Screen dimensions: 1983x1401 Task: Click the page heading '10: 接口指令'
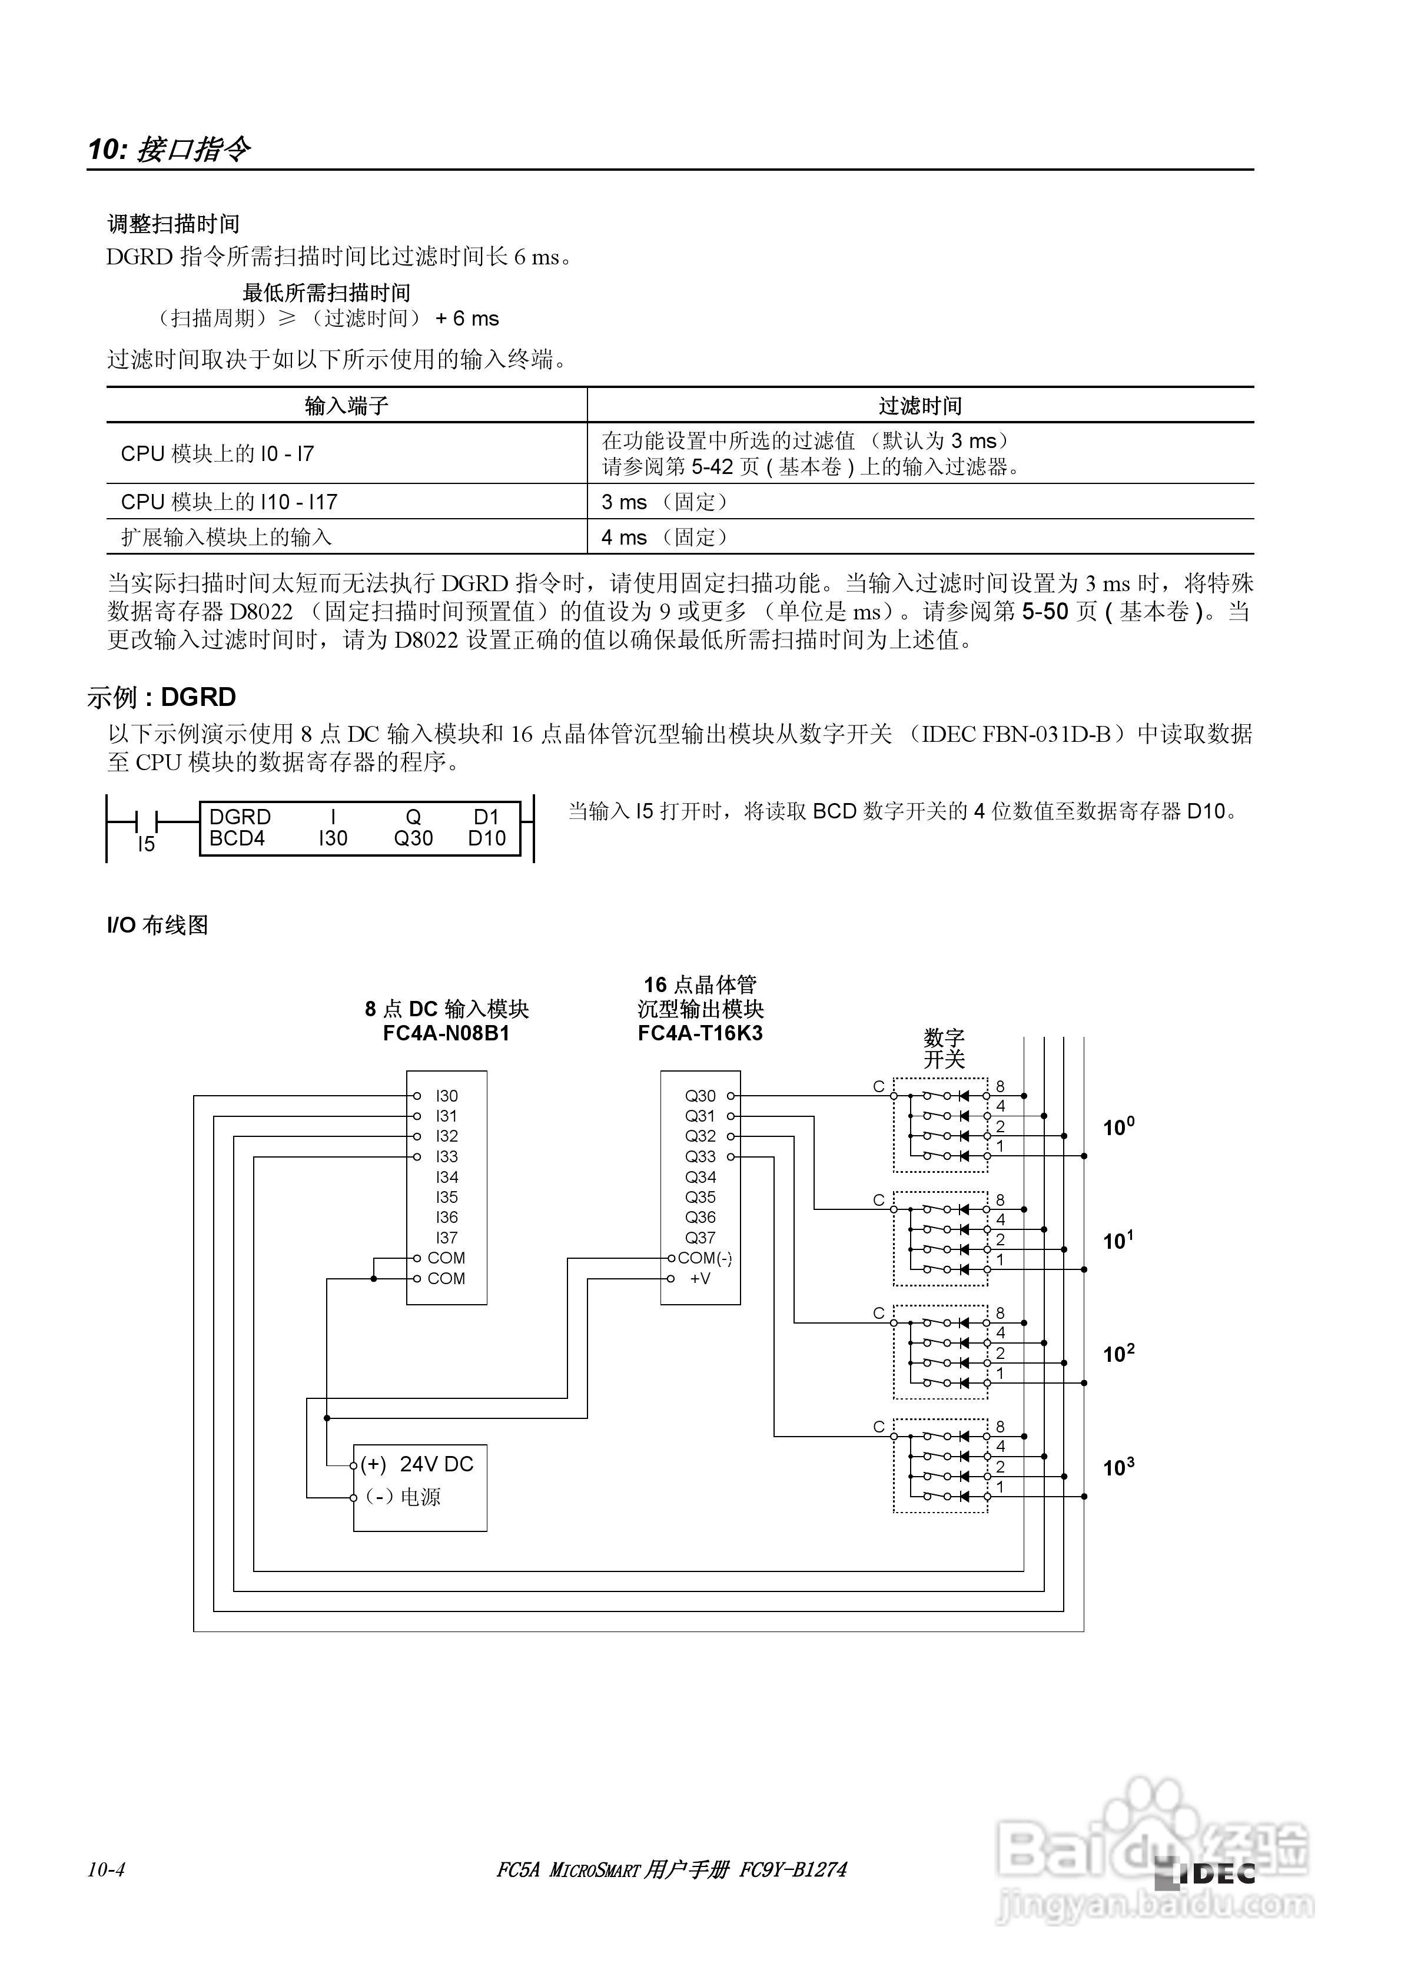point(170,150)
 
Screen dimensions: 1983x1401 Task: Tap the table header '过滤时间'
point(920,405)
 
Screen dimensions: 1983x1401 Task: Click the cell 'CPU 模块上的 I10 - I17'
point(229,502)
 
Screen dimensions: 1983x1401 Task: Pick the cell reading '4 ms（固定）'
point(666,537)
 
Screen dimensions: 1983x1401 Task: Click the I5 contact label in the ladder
point(146,844)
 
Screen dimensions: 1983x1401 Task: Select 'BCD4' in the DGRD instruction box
point(237,838)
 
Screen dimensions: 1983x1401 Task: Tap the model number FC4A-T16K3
point(700,1034)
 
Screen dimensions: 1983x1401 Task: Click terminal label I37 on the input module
point(447,1238)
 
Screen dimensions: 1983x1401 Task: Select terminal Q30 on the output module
point(700,1096)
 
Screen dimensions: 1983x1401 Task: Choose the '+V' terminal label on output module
point(700,1278)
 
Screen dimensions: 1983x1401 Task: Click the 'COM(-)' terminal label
point(704,1258)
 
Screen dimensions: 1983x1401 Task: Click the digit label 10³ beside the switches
point(1118,1467)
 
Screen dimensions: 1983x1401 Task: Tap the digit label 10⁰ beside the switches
point(1118,1127)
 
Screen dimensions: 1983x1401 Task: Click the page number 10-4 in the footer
point(106,1870)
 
